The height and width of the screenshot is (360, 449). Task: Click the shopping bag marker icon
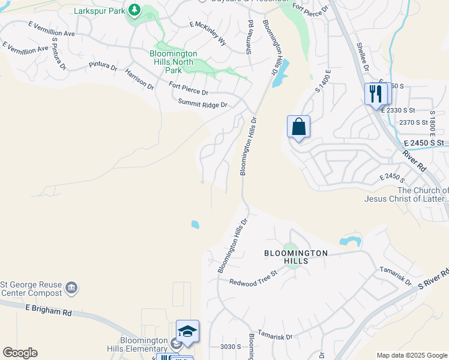[x=298, y=127]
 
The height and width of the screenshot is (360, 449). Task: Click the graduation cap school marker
[x=187, y=332]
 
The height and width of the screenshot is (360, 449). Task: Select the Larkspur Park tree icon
[x=134, y=10]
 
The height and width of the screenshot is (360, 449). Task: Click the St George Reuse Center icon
[x=71, y=287]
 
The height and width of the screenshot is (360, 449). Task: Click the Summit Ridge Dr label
[x=203, y=104]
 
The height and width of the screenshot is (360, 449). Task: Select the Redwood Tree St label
[x=252, y=277]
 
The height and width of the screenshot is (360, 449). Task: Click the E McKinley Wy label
[x=208, y=33]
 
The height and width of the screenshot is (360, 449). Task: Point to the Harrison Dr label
[x=139, y=80]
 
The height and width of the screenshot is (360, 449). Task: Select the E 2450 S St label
[x=423, y=143]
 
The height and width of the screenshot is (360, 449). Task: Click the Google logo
[x=20, y=353]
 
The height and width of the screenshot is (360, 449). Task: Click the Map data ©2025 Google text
[x=412, y=355]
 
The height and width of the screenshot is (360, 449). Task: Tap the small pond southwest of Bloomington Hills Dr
[x=195, y=225]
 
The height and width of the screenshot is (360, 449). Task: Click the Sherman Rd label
[x=250, y=37]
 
